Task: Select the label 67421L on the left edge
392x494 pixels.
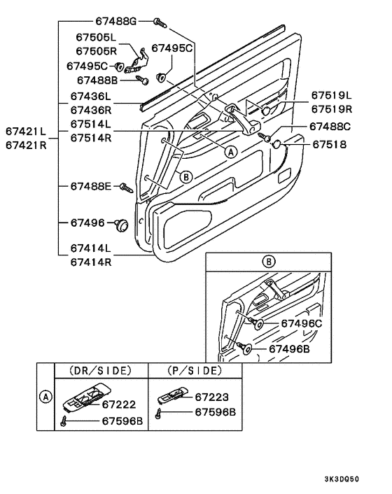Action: tap(26, 132)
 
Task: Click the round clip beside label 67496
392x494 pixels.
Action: tap(122, 224)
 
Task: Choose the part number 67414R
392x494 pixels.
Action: tap(90, 262)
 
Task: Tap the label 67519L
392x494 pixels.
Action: tap(332, 96)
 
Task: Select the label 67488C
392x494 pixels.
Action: tap(332, 127)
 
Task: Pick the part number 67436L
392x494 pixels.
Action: tap(90, 96)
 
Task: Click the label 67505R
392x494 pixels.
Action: tap(97, 51)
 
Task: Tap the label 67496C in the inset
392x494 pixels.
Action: tap(301, 323)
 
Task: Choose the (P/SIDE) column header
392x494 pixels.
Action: tap(195, 370)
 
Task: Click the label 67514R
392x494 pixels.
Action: tap(90, 139)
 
